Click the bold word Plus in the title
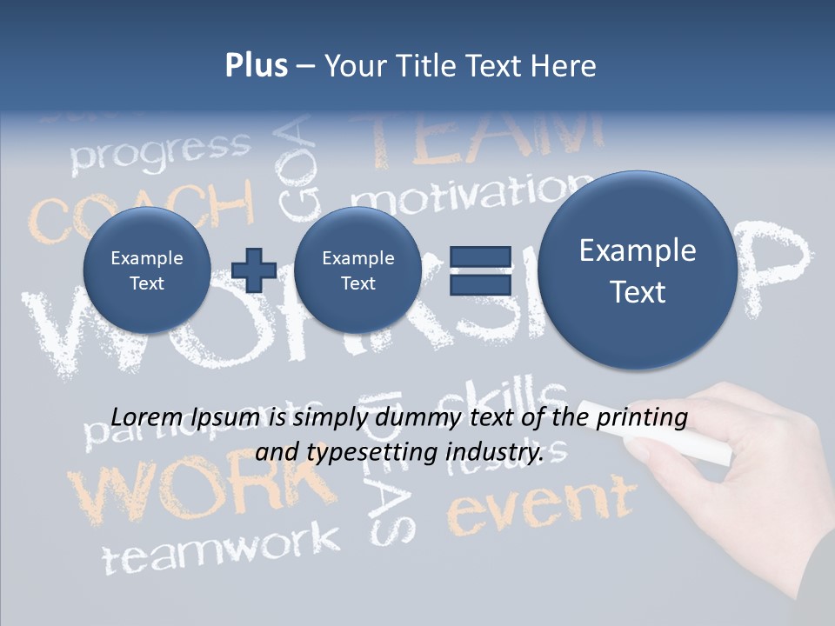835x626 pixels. pyautogui.click(x=256, y=66)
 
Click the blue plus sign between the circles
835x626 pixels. pyautogui.click(x=254, y=270)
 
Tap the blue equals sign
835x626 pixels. pyautogui.click(x=480, y=270)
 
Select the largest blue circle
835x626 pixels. pyautogui.click(x=638, y=270)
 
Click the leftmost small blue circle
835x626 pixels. pyautogui.click(x=146, y=270)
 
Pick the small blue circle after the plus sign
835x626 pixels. pyautogui.click(x=357, y=270)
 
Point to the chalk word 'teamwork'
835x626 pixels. pyautogui.click(x=221, y=548)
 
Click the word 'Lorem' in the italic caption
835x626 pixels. pyautogui.click(x=145, y=417)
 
